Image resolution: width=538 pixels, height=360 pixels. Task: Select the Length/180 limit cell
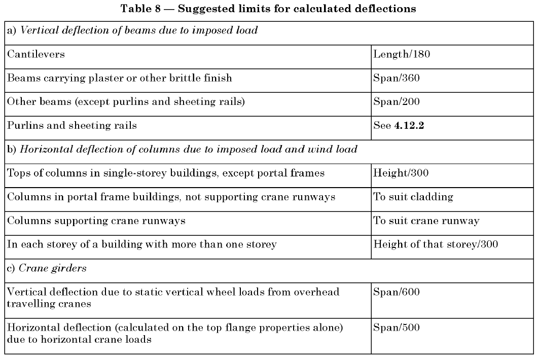click(x=402, y=54)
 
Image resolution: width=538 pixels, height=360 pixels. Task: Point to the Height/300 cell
click(x=401, y=173)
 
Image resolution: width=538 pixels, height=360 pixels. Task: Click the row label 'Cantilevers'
click(x=35, y=54)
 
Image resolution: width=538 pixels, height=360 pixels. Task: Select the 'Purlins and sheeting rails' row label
click(x=71, y=126)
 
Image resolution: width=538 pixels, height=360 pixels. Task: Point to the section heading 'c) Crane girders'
click(x=46, y=269)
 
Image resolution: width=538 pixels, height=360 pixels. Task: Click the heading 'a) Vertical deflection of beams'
click(x=132, y=30)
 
